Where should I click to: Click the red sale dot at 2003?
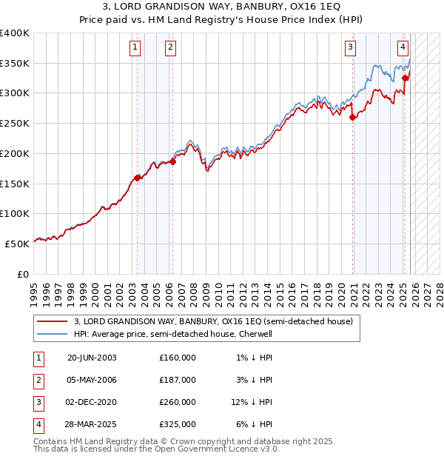pos(138,178)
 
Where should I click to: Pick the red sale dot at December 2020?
pos(353,117)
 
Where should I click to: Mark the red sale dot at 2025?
pos(405,78)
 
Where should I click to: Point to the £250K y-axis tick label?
pos(15,123)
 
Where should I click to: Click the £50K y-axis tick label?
pos(17,243)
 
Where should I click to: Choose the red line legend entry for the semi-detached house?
pos(214,321)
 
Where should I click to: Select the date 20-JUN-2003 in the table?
pos(92,358)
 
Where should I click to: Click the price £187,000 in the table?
pos(178,380)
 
